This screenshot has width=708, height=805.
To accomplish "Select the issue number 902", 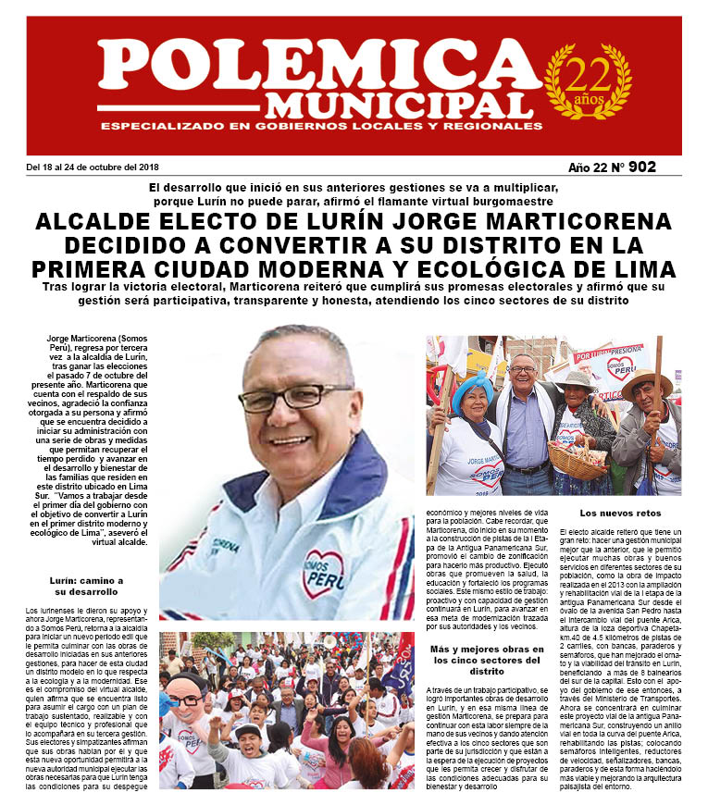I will coord(640,167).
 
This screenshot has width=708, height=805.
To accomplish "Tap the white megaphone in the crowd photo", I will coord(330,638).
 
